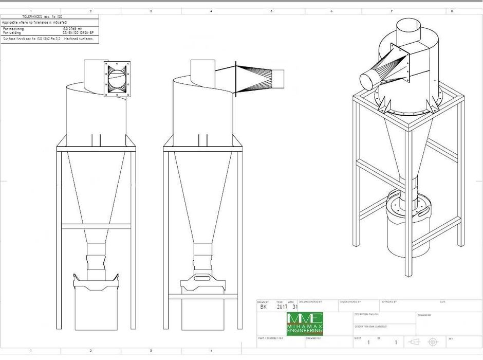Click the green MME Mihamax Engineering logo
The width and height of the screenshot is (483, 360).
pyautogui.click(x=305, y=324)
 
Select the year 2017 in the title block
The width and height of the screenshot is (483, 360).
pyautogui.click(x=282, y=307)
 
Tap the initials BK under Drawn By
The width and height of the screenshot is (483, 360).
pyautogui.click(x=264, y=307)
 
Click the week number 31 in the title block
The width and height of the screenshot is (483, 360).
pyautogui.click(x=295, y=307)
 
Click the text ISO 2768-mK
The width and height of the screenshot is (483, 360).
pyautogui.click(x=72, y=29)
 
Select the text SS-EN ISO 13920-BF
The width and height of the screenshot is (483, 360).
pyautogui.click(x=78, y=33)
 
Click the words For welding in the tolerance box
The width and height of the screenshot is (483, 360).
pyautogui.click(x=12, y=33)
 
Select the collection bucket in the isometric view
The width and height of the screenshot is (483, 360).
pyautogui.click(x=405, y=231)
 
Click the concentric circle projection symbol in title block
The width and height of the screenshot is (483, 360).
pyautogui.click(x=433, y=341)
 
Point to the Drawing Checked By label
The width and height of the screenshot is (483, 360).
pyautogui.click(x=310, y=302)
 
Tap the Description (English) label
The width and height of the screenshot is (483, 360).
pyautogui.click(x=366, y=314)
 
